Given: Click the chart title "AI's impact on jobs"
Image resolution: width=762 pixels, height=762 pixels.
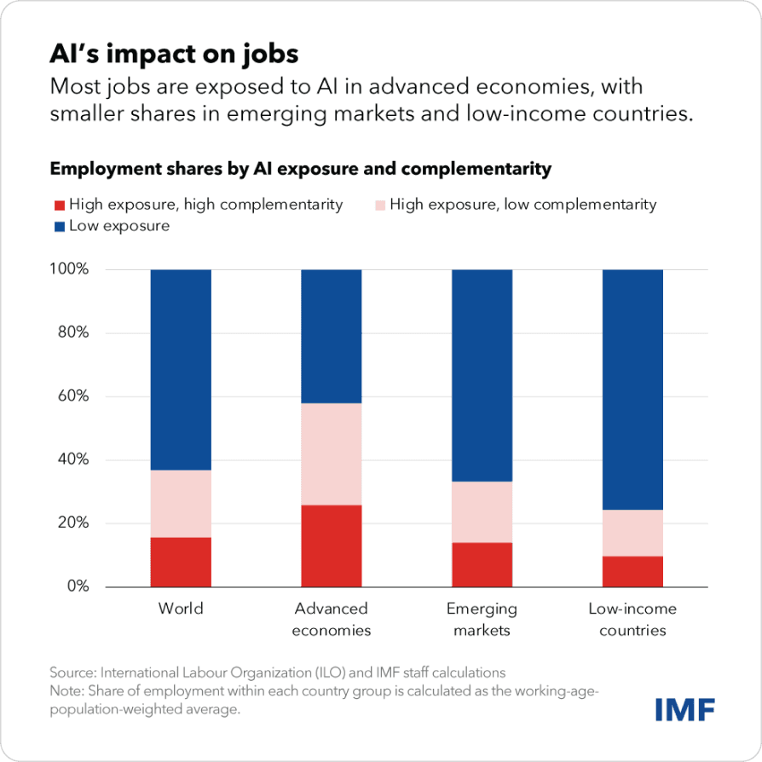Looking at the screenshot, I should pyautogui.click(x=174, y=54).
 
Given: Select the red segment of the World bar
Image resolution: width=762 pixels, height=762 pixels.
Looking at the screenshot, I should pyautogui.click(x=181, y=562).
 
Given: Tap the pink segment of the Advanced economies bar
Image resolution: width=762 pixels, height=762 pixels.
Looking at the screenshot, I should pyautogui.click(x=332, y=453).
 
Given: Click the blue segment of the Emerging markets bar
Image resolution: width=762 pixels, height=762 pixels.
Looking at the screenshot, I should pyautogui.click(x=482, y=375).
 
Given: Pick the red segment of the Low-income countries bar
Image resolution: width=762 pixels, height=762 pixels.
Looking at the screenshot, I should pyautogui.click(x=632, y=571).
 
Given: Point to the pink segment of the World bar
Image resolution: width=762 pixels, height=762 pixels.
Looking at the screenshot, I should pyautogui.click(x=181, y=503).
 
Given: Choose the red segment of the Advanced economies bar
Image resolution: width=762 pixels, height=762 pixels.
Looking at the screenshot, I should pyautogui.click(x=332, y=546).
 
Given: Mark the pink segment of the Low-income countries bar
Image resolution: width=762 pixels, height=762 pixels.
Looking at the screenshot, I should pyautogui.click(x=632, y=533).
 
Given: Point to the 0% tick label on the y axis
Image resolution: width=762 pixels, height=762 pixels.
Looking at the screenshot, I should pyautogui.click(x=77, y=586).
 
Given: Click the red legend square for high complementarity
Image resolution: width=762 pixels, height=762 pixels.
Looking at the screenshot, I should pyautogui.click(x=58, y=205).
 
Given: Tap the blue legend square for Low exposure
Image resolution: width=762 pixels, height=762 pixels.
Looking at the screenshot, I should pyautogui.click(x=58, y=226).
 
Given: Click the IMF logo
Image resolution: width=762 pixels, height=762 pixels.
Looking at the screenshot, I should pyautogui.click(x=684, y=708).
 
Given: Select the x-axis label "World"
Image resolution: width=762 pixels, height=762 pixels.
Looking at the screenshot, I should pyautogui.click(x=181, y=609).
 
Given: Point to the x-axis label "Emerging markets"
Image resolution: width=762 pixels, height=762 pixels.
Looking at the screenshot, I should pyautogui.click(x=482, y=620).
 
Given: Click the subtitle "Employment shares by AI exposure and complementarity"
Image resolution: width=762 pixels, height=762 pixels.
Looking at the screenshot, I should pyautogui.click(x=300, y=169).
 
